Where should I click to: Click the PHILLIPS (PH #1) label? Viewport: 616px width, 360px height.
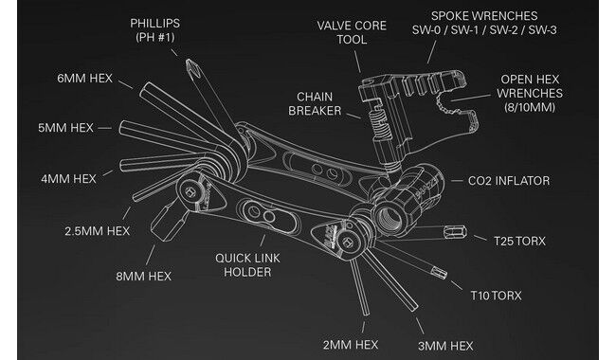coord(154,30)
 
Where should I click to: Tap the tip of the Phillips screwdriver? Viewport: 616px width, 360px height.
coord(188,61)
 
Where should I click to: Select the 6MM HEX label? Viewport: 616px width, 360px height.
coord(85,79)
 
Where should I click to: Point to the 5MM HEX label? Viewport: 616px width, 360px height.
coord(65,128)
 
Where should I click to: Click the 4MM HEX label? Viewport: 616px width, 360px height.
coord(69,179)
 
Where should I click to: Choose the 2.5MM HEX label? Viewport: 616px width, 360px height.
coord(97,231)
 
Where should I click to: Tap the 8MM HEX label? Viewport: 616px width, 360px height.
coord(143,277)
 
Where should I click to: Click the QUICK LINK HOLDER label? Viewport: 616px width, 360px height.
coord(247,265)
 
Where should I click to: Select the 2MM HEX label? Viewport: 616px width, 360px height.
coord(351,345)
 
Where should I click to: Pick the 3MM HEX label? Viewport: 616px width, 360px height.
coord(445,346)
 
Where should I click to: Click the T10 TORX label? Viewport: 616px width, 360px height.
coord(497,296)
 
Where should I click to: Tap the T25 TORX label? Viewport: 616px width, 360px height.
coord(519,241)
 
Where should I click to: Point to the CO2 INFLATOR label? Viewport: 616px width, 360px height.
coord(509,181)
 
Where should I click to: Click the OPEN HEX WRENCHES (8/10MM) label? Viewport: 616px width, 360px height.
coord(530,94)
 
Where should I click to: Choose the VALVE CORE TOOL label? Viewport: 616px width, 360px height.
coord(352,32)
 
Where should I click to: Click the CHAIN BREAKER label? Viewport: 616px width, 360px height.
coord(315,103)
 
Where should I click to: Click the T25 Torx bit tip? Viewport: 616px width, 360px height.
coord(456,232)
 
